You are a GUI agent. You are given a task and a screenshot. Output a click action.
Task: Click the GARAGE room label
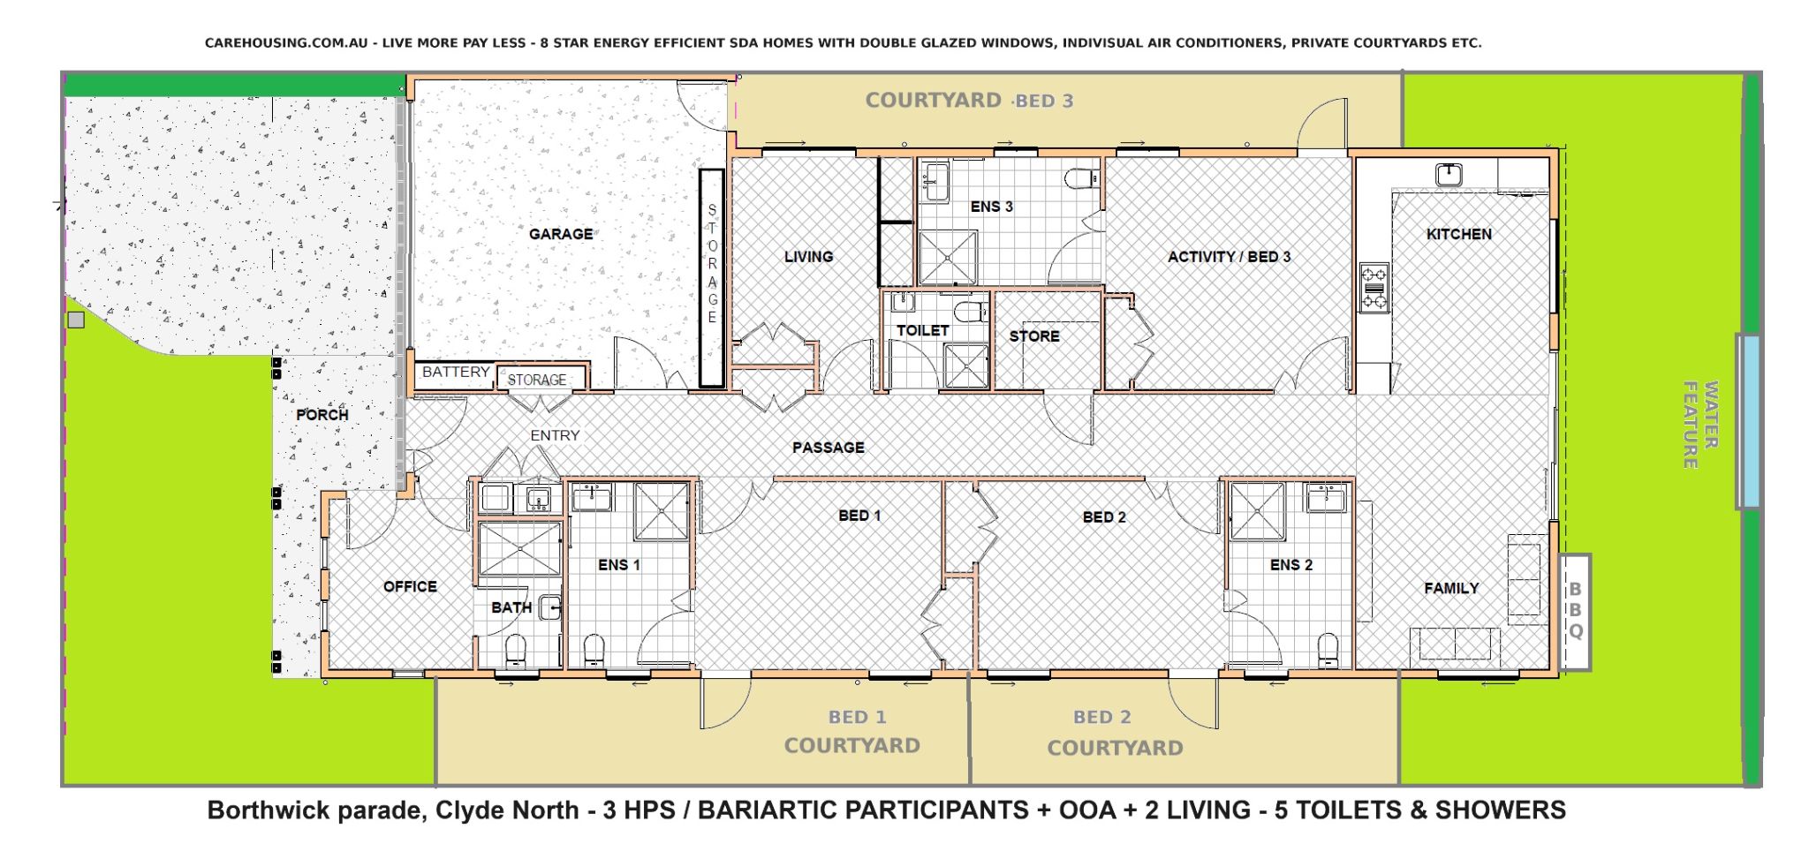pyautogui.click(x=561, y=234)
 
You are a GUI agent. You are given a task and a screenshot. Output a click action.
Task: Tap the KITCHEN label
pyautogui.click(x=1458, y=234)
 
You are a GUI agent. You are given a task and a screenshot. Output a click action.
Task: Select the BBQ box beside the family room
pyautogui.click(x=1575, y=611)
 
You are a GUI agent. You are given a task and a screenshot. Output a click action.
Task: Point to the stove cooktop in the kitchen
pyautogui.click(x=1374, y=287)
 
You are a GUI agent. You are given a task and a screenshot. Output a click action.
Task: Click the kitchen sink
pyautogui.click(x=1448, y=174)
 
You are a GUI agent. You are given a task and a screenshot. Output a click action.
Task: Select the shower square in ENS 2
pyautogui.click(x=1258, y=511)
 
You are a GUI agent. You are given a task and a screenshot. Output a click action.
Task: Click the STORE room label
pyautogui.click(x=1033, y=336)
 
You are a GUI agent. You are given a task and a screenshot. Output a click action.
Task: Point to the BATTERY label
pyautogui.click(x=455, y=372)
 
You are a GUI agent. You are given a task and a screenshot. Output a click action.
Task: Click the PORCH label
pyautogui.click(x=322, y=414)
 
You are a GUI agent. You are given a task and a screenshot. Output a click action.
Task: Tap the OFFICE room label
pyautogui.click(x=410, y=586)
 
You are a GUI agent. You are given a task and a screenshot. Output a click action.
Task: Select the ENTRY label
pyautogui.click(x=555, y=435)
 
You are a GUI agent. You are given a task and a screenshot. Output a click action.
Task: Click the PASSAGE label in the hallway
pyautogui.click(x=828, y=448)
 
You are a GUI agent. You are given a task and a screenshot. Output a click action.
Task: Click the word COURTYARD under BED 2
pyautogui.click(x=1115, y=748)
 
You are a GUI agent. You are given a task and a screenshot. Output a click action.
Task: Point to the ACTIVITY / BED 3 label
pyautogui.click(x=1229, y=257)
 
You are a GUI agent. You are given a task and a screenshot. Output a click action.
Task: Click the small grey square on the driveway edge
pyautogui.click(x=76, y=320)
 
